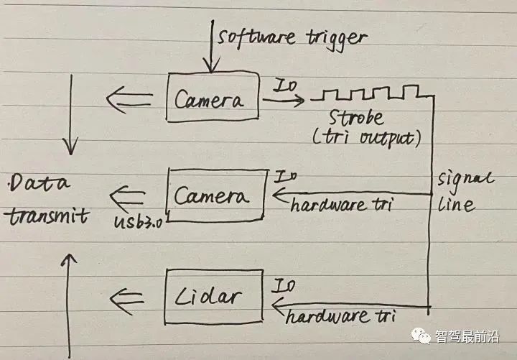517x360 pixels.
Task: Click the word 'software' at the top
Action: tap(256, 37)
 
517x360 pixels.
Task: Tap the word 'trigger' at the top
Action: tap(336, 40)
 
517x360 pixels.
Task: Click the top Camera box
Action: tap(213, 97)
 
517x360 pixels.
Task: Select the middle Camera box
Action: tap(217, 195)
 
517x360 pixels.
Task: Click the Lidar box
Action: tap(214, 297)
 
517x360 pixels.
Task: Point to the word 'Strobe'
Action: tap(356, 118)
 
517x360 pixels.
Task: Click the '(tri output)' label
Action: tap(366, 139)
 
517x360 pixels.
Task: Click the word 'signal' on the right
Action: tap(465, 180)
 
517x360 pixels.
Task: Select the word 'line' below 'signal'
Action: tap(456, 205)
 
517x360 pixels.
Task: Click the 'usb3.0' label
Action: tap(138, 222)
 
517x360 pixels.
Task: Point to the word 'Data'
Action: tap(39, 183)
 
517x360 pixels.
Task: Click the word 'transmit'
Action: tap(47, 216)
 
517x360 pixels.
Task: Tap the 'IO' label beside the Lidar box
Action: tap(283, 286)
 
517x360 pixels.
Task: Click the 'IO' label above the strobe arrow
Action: tap(285, 85)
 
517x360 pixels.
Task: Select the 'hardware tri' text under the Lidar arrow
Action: tap(340, 316)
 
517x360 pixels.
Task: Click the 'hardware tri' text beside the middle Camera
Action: tap(342, 206)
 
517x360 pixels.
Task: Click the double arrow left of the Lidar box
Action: tap(126, 301)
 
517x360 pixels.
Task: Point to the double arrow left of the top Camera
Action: tap(129, 99)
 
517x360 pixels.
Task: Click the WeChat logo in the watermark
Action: tap(421, 336)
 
